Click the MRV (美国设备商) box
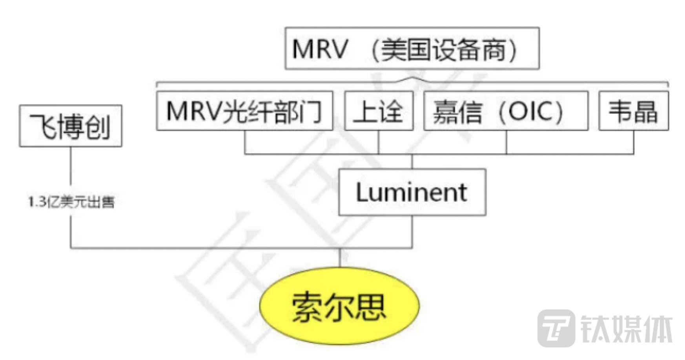point(412,48)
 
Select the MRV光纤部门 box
point(244,111)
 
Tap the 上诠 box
point(379,111)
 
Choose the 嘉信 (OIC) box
point(506,111)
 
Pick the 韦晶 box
point(633,111)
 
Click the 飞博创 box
point(71,126)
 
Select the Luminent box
point(412,192)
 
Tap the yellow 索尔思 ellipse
point(339,306)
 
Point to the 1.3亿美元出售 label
point(71,202)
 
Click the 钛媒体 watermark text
point(627,329)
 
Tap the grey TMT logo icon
point(556,328)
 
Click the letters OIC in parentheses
point(531,111)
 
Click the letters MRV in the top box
point(320,49)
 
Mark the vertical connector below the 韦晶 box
point(633,142)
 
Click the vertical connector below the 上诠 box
point(379,142)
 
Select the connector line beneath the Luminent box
point(412,231)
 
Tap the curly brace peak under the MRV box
point(412,79)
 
